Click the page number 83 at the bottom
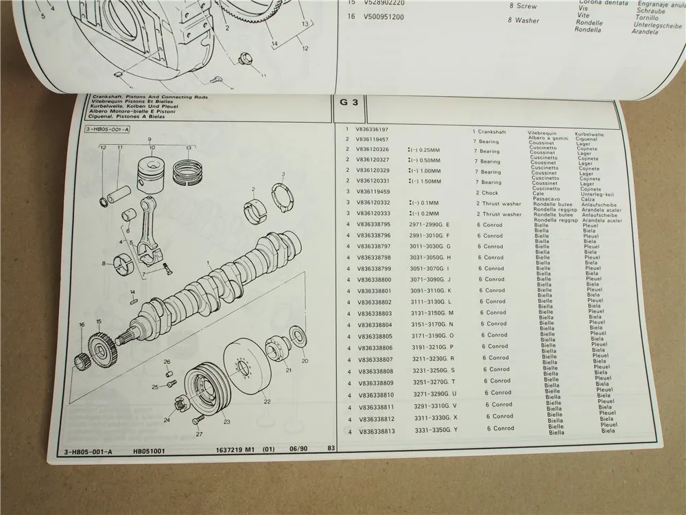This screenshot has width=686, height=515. tap(331, 449)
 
